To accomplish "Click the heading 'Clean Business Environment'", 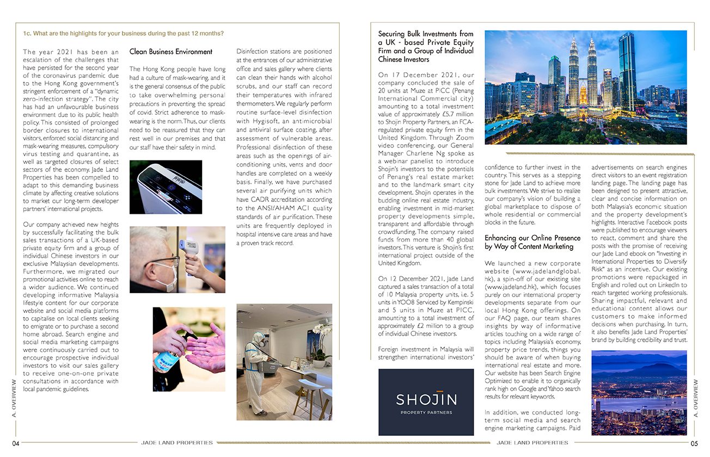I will tap(171, 52).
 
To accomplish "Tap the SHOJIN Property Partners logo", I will tap(426, 402).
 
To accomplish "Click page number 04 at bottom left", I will tap(16, 443).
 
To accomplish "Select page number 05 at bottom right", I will tap(694, 443).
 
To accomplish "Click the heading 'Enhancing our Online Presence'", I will tap(532, 238).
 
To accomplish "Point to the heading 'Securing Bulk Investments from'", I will tap(426, 34).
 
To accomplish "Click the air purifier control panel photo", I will tap(166, 187).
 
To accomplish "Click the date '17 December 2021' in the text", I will tap(420, 75).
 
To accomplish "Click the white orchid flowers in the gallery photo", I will tap(322, 332).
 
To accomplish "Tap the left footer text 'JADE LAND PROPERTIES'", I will tap(177, 443).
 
